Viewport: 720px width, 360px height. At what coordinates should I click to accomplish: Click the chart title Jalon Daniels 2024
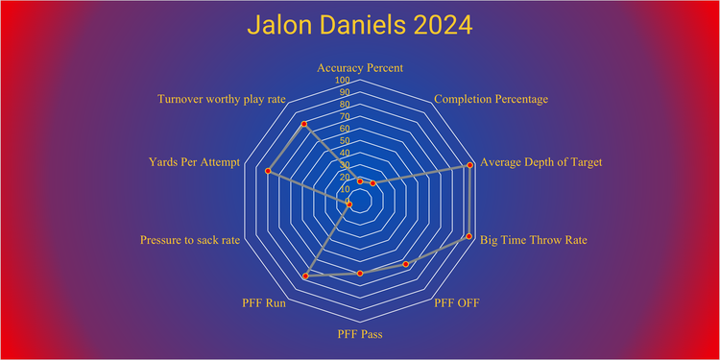pos(360,26)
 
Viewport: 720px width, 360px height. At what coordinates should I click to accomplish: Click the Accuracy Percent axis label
pos(360,68)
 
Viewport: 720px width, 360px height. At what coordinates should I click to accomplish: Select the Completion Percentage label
pos(492,99)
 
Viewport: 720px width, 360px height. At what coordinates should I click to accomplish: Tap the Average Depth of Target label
pos(541,162)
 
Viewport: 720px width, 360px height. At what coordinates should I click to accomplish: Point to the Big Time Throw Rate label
pos(534,239)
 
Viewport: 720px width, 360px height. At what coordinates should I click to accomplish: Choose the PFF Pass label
pos(360,334)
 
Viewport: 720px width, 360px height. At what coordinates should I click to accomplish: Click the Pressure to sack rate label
pos(190,239)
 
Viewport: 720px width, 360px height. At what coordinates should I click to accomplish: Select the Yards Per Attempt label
pos(194,162)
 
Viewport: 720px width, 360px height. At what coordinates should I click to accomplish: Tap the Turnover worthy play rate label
pos(223,99)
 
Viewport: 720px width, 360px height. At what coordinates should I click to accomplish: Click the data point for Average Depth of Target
pos(469,165)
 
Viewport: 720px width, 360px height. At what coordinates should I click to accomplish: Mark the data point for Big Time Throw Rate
pos(468,236)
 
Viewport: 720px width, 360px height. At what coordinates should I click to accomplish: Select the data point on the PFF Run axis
pos(306,276)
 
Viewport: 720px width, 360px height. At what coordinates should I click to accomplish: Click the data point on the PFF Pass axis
pos(360,274)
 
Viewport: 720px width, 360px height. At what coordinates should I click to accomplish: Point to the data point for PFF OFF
pos(406,264)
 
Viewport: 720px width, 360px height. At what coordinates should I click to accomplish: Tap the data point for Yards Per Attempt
pos(269,171)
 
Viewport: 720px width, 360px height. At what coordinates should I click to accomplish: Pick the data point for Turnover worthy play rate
pos(304,125)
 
